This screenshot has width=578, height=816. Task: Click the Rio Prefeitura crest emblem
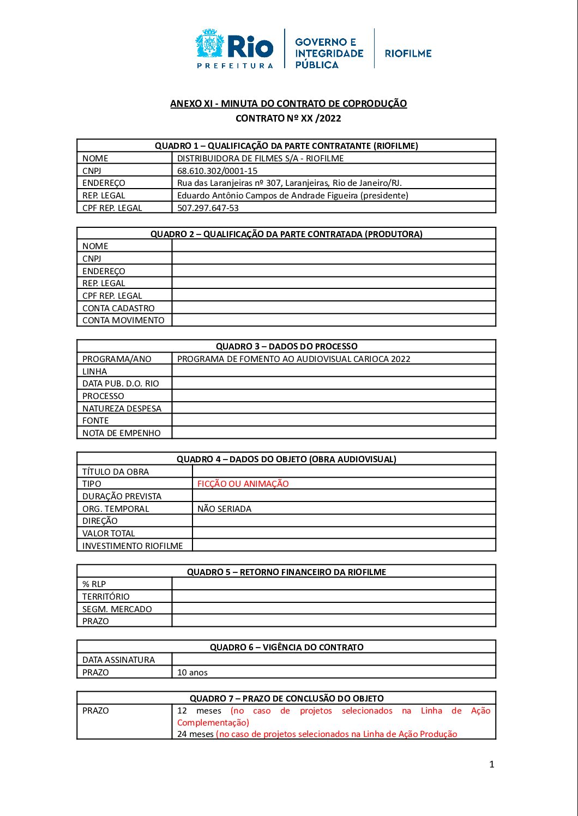pos(209,44)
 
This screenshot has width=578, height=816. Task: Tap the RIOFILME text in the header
pos(408,53)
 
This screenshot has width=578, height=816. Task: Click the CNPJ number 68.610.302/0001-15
pos(217,171)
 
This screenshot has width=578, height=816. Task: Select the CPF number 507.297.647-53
pos(208,208)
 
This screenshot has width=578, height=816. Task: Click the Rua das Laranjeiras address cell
pos(289,183)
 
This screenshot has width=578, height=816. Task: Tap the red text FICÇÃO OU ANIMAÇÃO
pos(243,484)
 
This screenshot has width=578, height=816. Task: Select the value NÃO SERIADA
pos(224,509)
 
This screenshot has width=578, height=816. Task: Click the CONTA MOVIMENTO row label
pos(123,321)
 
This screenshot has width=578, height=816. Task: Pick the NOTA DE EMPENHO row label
pos(121,433)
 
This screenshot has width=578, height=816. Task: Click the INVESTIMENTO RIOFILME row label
pos(133,546)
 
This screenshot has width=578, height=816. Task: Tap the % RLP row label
pos(94,584)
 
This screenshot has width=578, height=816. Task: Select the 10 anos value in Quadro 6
pos(192,673)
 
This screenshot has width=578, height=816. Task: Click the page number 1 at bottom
pos(491,764)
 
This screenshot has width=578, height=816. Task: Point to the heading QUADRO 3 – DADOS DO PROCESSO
pos(286,346)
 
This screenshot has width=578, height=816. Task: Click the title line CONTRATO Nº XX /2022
pos(288,118)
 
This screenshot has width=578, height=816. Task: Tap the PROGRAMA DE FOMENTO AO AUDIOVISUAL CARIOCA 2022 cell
pos(293,359)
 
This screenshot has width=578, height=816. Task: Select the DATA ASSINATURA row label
pos(118,660)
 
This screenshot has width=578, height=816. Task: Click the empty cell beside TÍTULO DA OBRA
pos(344,472)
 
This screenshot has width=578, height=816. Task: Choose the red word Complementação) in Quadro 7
pos(213,723)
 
